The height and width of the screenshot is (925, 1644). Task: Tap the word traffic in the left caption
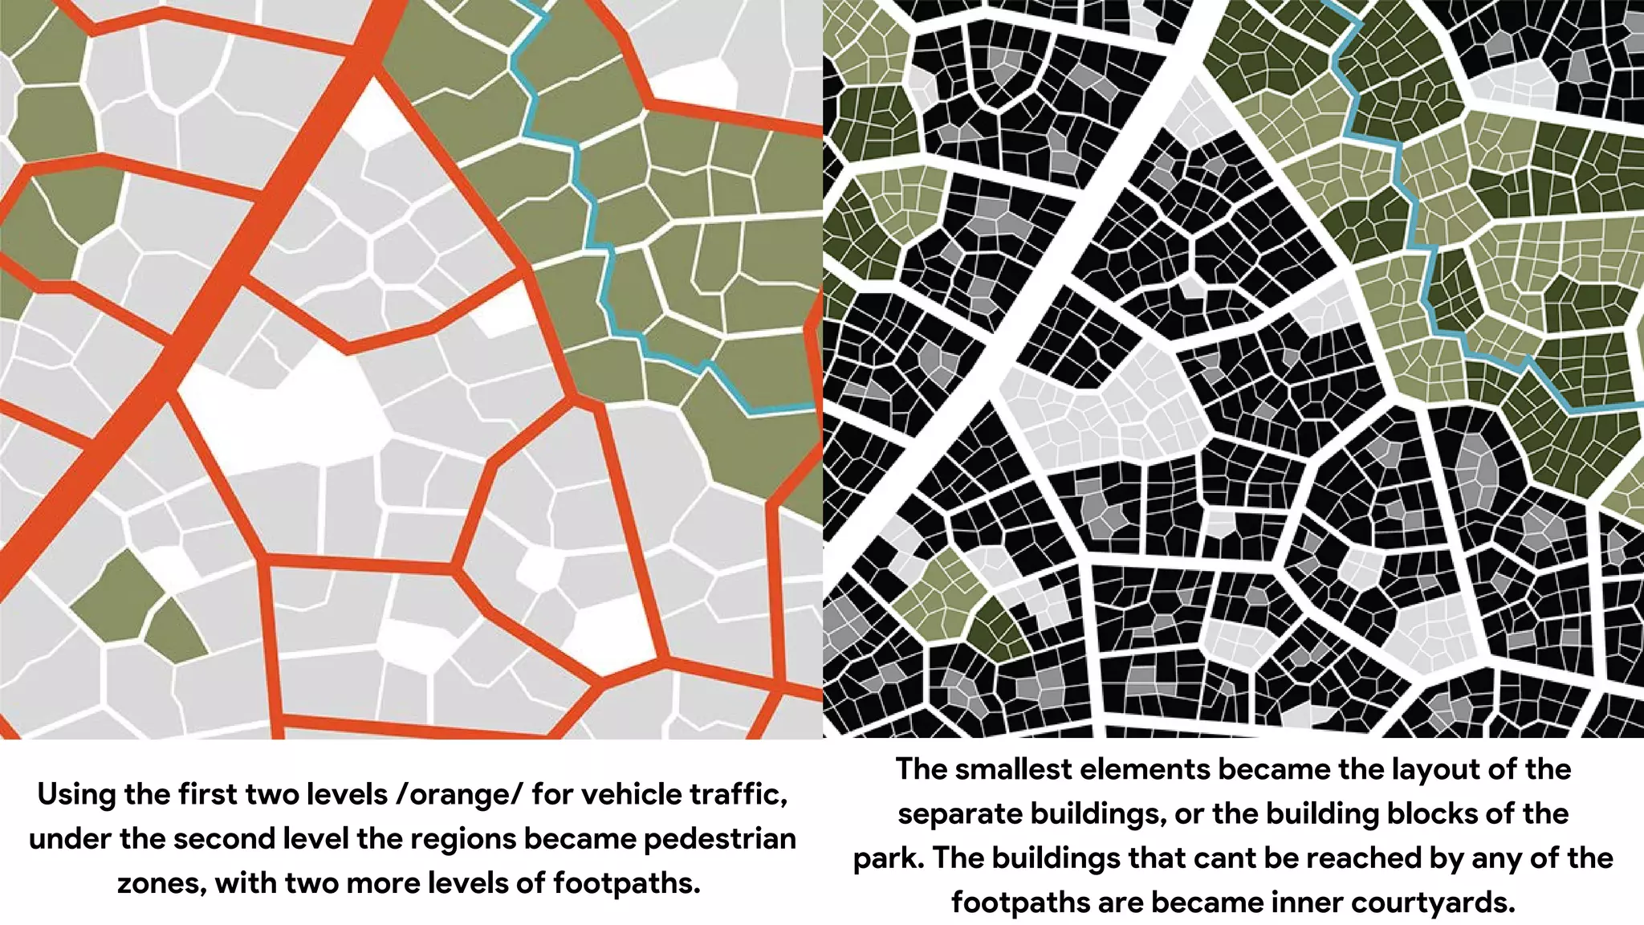point(728,795)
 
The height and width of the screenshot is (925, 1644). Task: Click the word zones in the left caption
point(161,883)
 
